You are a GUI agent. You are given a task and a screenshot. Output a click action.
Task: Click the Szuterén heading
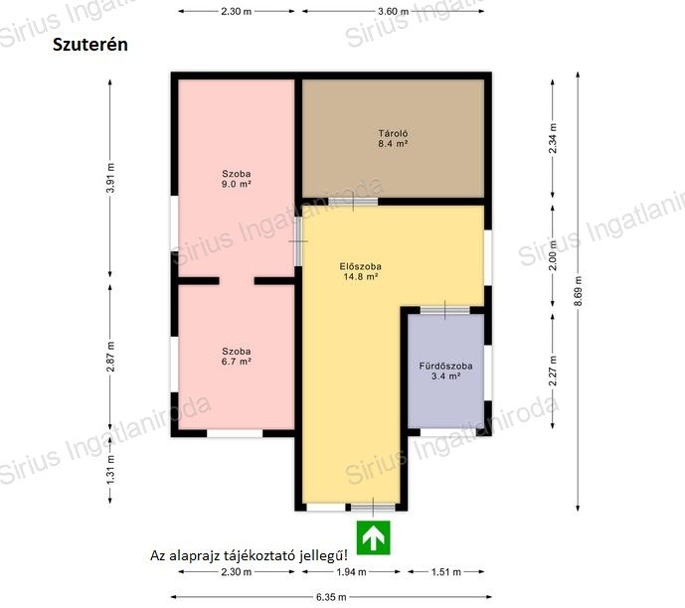90,45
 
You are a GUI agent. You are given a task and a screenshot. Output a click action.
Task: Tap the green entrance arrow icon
374,537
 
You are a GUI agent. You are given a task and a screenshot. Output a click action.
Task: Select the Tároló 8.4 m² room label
393,138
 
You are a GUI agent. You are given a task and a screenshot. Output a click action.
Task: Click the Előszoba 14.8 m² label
361,271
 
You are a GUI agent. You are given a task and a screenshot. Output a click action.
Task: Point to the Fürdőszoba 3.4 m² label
445,371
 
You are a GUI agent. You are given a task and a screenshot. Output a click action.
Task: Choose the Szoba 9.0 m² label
236,179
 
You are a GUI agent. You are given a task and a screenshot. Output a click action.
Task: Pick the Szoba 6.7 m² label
236,357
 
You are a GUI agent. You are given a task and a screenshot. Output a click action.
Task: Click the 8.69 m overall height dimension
578,291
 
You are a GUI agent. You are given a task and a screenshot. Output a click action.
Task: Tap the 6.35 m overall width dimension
331,597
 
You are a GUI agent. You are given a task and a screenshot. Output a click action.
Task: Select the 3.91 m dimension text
110,178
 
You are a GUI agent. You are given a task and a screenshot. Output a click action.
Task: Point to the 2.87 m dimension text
110,357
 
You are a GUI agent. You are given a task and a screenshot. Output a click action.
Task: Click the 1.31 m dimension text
110,469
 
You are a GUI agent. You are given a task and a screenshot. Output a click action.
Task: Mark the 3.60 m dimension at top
393,11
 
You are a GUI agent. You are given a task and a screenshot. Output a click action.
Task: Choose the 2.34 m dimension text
553,138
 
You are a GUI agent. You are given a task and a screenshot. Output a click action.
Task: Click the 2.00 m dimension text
553,255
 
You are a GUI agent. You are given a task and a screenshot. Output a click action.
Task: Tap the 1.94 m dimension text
351,572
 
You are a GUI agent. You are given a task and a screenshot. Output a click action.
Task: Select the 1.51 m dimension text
446,572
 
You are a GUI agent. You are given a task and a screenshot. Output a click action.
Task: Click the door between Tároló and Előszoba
353,202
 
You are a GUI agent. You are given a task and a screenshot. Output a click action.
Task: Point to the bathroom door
445,310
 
